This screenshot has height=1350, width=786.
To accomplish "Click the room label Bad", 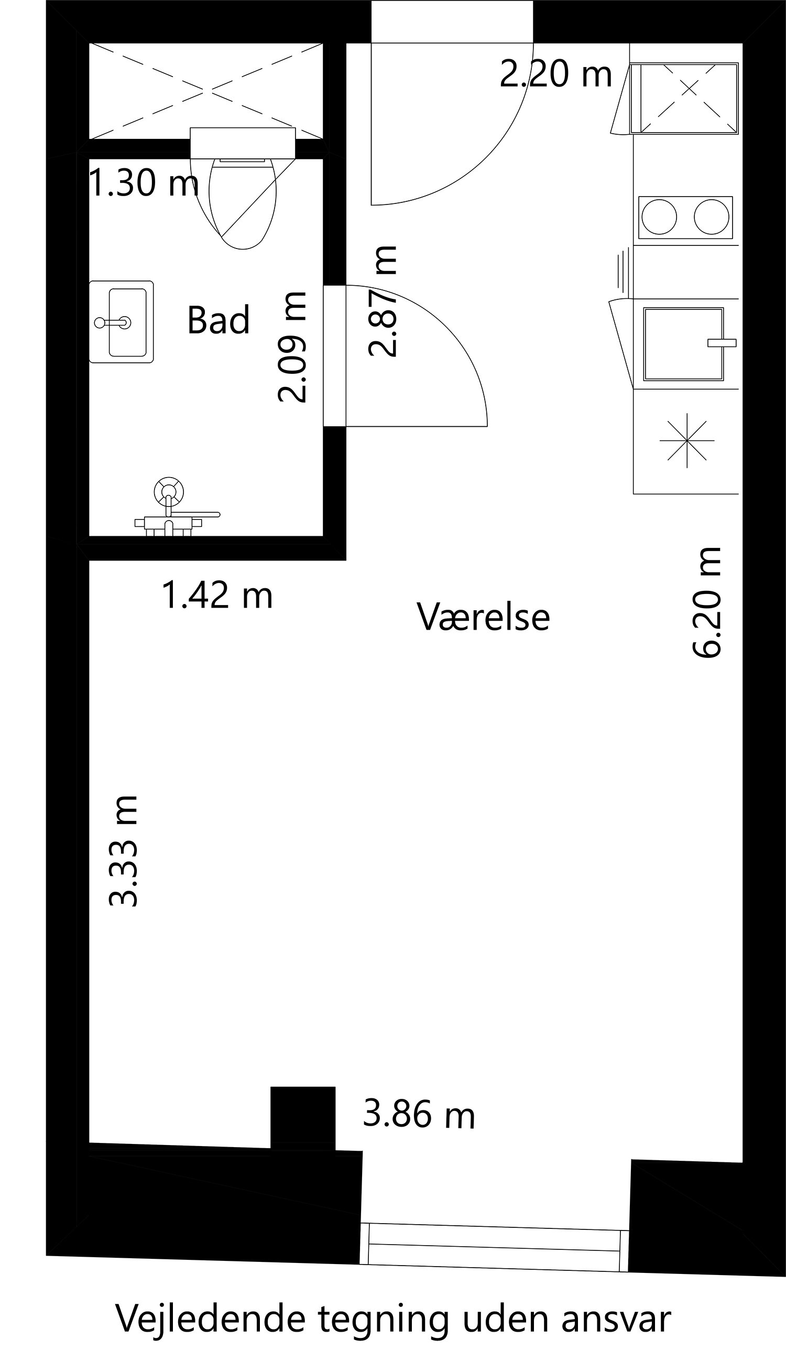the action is coord(219,320).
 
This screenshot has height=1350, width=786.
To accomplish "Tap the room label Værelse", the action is coord(484,616).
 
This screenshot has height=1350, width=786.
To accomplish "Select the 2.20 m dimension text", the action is coord(556,74).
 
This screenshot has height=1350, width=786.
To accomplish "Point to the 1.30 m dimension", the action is coord(144,182).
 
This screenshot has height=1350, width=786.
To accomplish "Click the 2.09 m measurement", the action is coord(292,347).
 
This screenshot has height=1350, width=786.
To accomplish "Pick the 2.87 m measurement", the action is coord(383,301).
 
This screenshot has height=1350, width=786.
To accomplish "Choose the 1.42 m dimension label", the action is coord(217,595).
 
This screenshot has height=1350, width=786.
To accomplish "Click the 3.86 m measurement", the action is coord(419,1114).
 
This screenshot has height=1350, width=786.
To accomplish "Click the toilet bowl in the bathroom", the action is coord(243,203).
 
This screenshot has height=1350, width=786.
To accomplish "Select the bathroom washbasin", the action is coord(122,322).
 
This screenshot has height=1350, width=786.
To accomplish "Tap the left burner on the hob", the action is coord(659,217).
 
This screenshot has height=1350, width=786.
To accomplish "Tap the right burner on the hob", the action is coord(712,217).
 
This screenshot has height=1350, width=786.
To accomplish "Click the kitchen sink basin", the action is coord(683,344).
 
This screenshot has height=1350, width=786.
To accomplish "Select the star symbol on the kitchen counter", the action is coord(687,441).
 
